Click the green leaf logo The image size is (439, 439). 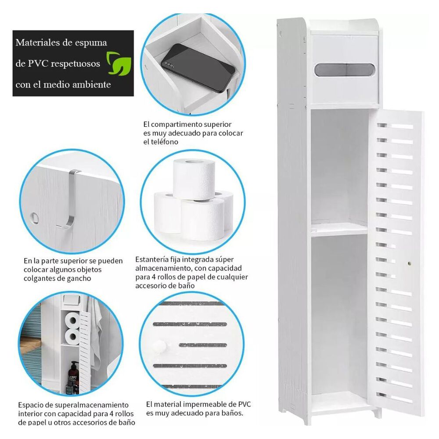[119, 64]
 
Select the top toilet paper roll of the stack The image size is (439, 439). [194, 180]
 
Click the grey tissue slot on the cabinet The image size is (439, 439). [344, 70]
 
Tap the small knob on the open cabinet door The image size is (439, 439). [410, 263]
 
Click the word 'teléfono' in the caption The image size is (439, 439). [165, 142]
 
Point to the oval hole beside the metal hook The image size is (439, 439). [35, 217]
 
